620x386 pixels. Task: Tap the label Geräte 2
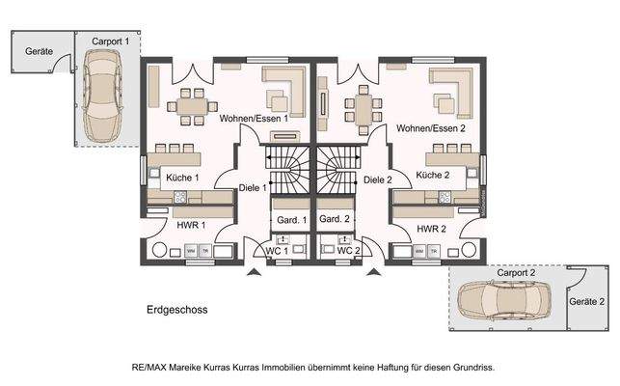pyautogui.click(x=587, y=302)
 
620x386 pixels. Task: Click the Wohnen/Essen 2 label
pyautogui.click(x=432, y=127)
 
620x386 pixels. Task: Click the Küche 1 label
pyautogui.click(x=182, y=179)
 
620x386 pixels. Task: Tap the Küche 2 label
pyautogui.click(x=433, y=175)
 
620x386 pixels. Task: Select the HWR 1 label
pyautogui.click(x=191, y=225)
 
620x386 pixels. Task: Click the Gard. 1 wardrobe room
pyautogui.click(x=290, y=220)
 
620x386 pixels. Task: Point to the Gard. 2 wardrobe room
pyautogui.click(x=334, y=220)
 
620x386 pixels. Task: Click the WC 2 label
pyautogui.click(x=346, y=252)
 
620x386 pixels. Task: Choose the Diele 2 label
pyautogui.click(x=378, y=179)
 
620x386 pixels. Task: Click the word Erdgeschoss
pyautogui.click(x=176, y=310)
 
